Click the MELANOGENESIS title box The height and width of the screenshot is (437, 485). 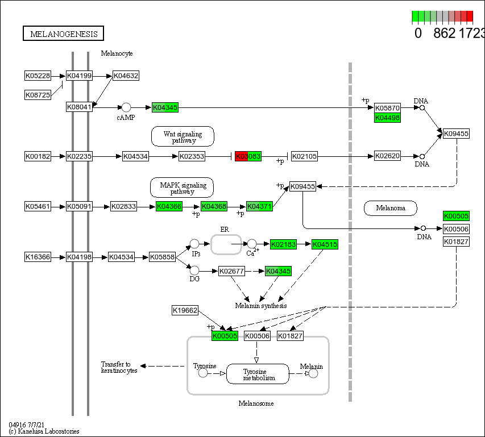64,34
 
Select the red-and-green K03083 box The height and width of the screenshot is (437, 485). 248,156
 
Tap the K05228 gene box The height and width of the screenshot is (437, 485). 38,76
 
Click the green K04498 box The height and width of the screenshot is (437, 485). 388,118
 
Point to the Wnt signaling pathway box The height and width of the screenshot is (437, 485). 183,136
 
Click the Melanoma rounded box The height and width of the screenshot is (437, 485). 391,208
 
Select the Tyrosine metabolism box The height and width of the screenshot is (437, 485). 258,374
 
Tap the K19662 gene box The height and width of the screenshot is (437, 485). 185,310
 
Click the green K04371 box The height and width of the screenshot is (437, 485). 260,206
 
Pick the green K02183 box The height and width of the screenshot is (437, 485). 283,244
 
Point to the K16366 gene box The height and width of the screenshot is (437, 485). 38,257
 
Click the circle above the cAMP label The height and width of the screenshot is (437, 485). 126,107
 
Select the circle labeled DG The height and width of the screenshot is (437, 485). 194,270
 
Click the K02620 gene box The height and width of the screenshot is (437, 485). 388,156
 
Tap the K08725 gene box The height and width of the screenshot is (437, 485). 38,95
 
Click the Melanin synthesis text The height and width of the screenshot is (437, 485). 261,306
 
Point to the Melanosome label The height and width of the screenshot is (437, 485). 256,403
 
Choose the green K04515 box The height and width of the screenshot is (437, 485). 325,244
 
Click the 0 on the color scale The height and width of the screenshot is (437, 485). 418,33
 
